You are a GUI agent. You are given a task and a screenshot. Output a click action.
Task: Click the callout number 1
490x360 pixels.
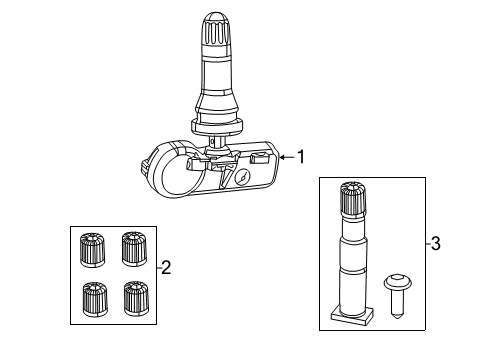click(299, 156)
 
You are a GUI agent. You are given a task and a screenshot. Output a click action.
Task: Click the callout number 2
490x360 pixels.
click(167, 266)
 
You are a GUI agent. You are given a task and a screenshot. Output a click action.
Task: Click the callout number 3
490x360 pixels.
click(436, 243)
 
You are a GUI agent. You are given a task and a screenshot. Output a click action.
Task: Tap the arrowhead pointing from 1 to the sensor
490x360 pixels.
click(283, 156)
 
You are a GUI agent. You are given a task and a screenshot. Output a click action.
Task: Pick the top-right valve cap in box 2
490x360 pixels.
click(133, 246)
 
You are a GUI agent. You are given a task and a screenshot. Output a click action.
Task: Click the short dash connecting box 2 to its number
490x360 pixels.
click(156, 266)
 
